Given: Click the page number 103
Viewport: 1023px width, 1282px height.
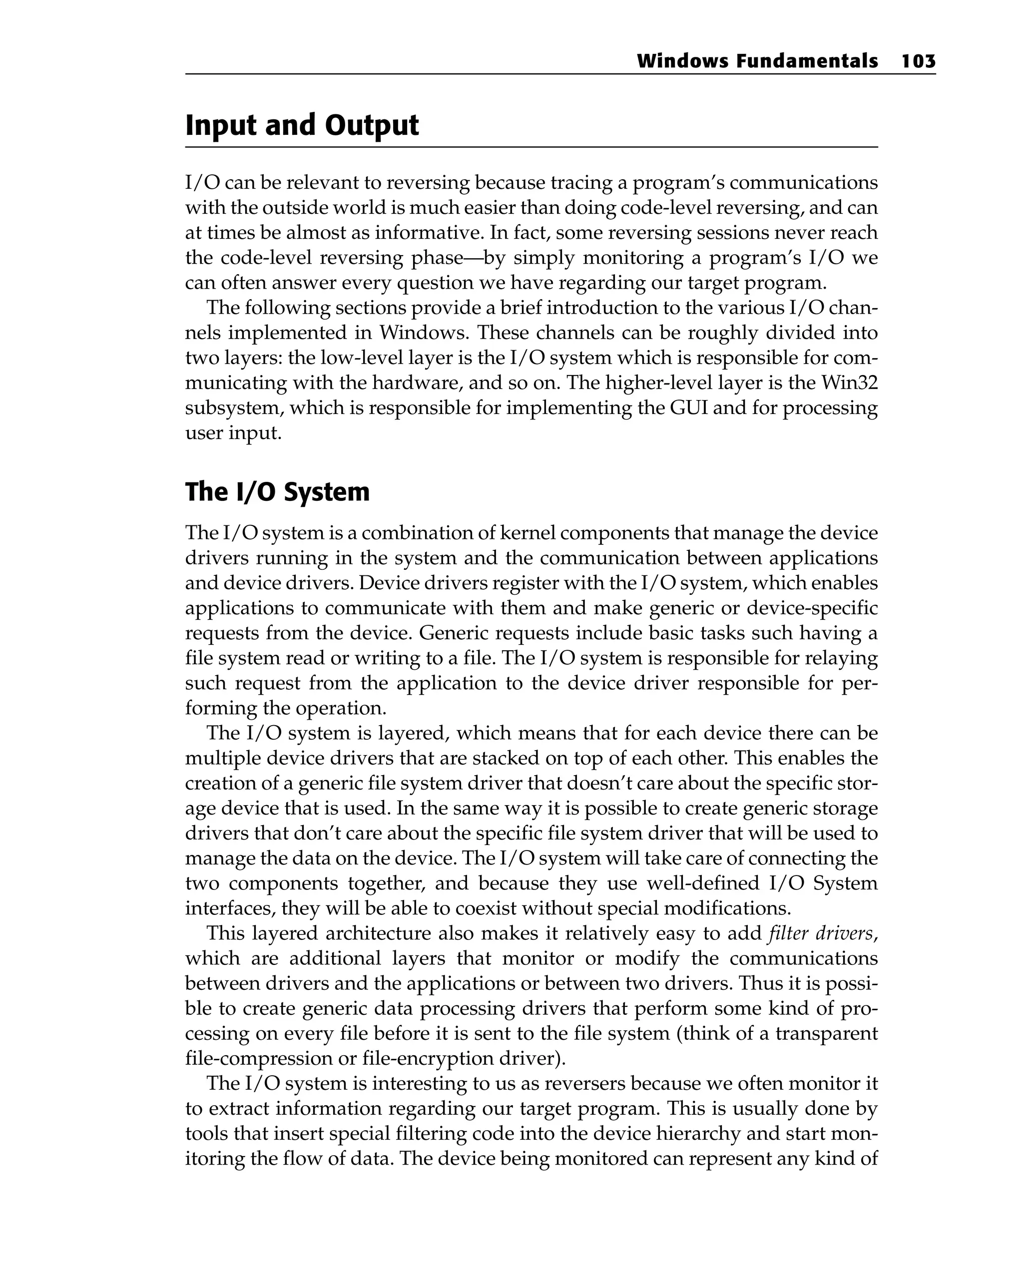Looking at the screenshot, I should click(918, 61).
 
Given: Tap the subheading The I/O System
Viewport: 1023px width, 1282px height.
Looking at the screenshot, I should click(277, 492).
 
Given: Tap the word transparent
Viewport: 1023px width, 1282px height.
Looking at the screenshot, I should click(826, 1033).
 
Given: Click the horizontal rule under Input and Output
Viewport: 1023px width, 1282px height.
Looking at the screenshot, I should click(531, 147).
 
